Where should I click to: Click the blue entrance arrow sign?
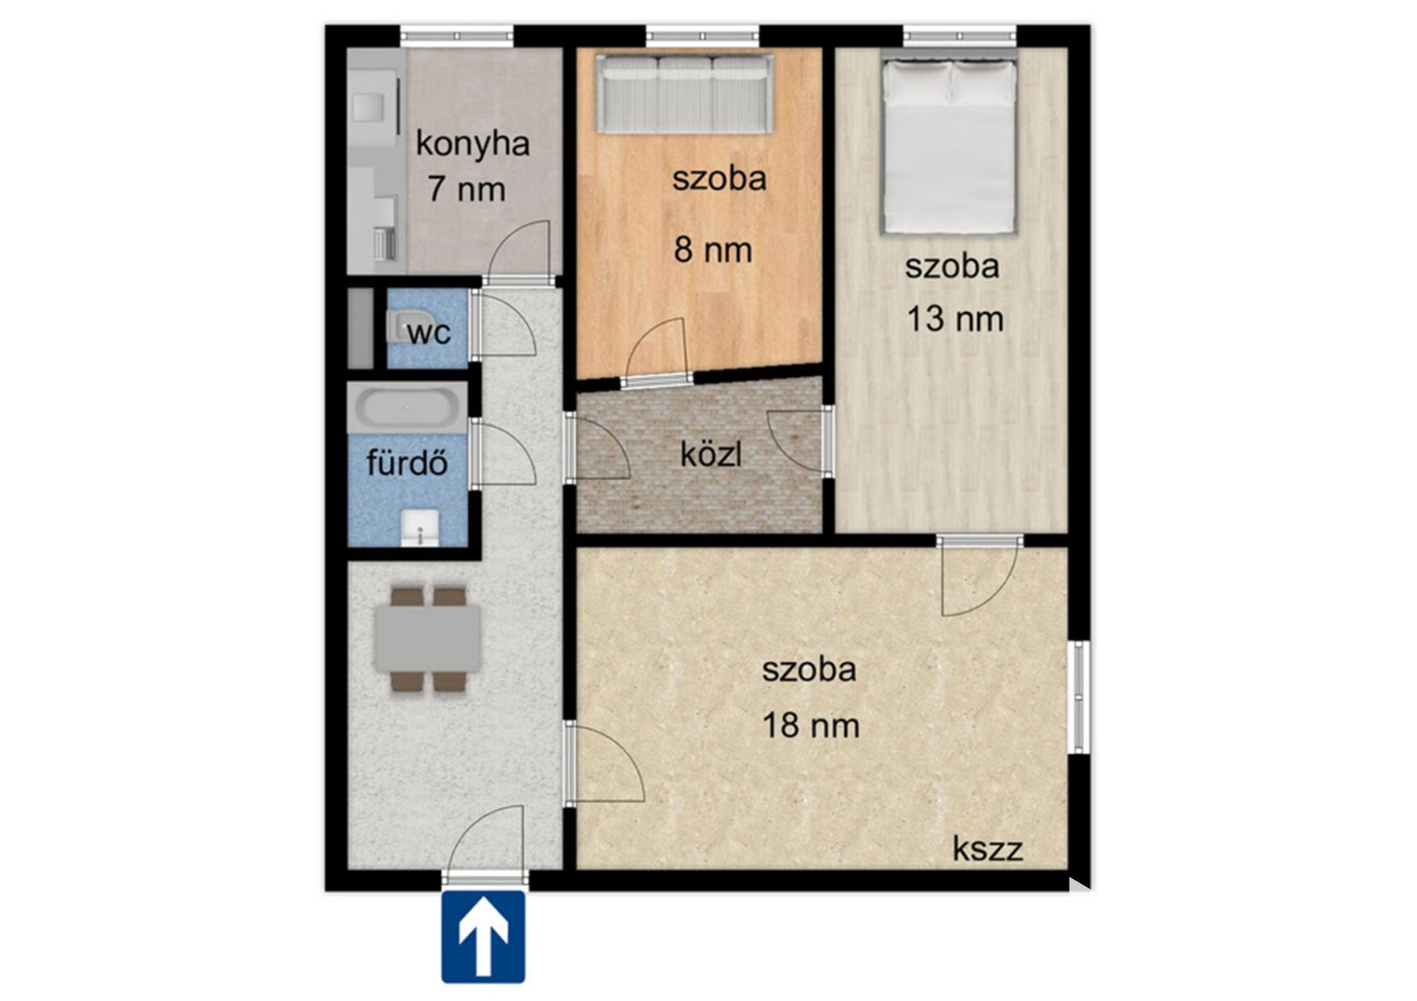pos(483,936)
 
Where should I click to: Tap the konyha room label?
pos(473,144)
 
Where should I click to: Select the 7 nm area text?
pos(466,189)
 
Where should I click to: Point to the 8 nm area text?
pos(713,249)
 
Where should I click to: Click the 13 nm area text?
pos(955,318)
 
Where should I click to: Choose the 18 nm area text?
pos(811,725)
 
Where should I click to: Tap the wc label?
pos(430,332)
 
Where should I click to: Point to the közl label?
pos(710,454)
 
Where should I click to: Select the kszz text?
pos(987,849)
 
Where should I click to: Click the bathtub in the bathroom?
pos(408,407)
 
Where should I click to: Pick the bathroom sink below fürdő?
pos(419,527)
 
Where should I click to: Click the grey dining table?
pos(428,639)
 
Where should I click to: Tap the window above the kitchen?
pos(457,34)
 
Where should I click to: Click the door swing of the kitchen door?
pos(520,251)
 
